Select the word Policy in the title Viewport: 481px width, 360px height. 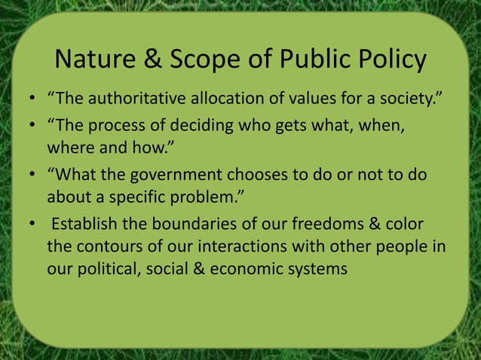(x=389, y=60)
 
